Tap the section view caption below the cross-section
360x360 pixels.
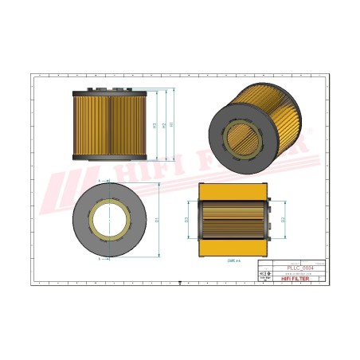pyautogui.click(x=233, y=260)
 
